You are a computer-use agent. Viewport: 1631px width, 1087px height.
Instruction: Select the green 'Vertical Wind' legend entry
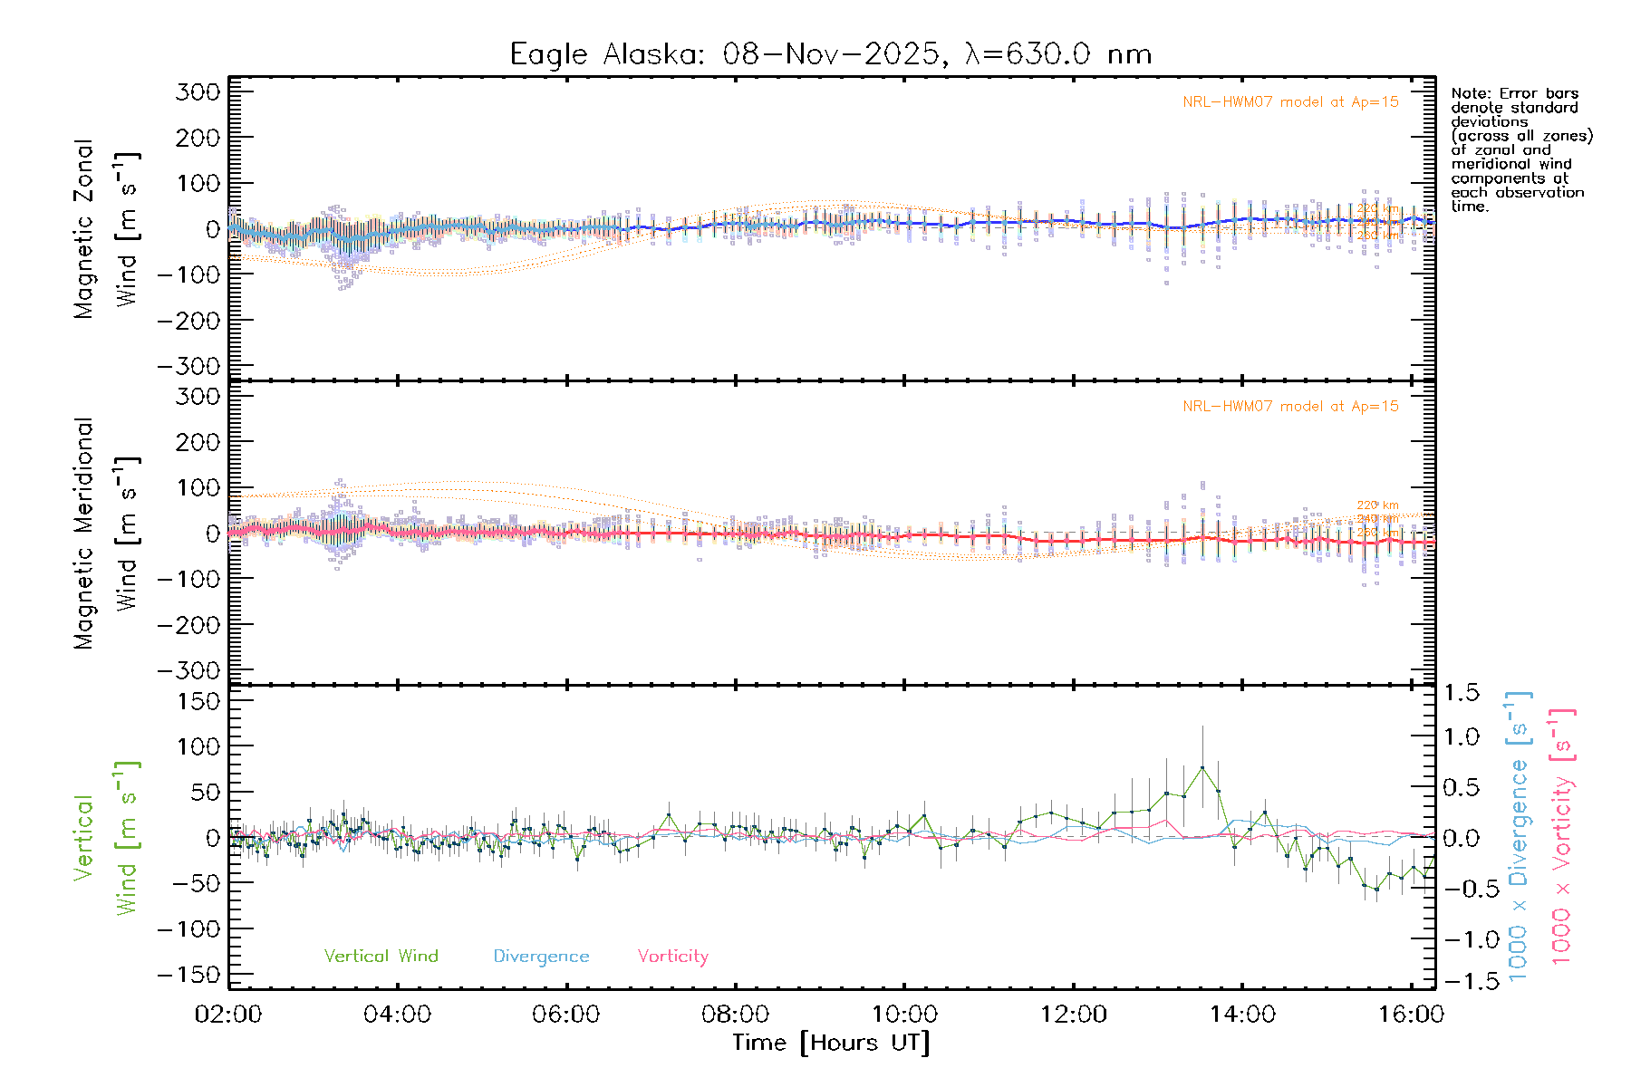[381, 956]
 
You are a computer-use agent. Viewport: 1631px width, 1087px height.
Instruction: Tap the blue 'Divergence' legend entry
[541, 956]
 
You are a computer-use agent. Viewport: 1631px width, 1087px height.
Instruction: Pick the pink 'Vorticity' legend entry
[672, 956]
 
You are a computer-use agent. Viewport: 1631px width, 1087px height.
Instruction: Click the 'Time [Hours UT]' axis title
[830, 1043]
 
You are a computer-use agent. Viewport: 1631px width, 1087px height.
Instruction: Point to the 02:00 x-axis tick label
[228, 1014]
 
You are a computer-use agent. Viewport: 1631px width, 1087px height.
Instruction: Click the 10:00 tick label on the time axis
[904, 1014]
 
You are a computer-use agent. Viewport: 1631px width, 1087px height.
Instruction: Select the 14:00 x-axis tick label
[1242, 1014]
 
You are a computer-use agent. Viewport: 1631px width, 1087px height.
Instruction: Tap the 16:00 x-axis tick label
[1411, 1014]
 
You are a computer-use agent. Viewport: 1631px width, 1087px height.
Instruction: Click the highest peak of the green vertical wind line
[1202, 768]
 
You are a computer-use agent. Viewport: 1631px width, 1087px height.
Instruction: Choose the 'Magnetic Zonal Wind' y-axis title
[107, 229]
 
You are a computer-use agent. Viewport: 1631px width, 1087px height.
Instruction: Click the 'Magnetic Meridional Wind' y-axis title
[107, 534]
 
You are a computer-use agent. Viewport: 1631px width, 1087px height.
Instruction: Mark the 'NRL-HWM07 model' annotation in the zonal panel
[1290, 102]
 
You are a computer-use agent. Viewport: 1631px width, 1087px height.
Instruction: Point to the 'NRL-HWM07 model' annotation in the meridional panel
[1290, 407]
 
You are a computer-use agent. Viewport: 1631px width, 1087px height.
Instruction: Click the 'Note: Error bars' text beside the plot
[1514, 93]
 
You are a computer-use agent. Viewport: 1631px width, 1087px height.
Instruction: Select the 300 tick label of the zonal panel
[198, 91]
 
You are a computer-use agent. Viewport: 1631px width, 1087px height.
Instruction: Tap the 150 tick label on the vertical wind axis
[198, 701]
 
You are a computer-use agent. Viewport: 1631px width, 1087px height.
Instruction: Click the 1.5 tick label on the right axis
[1462, 693]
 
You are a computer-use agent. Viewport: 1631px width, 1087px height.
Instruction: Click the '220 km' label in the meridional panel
[1377, 505]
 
